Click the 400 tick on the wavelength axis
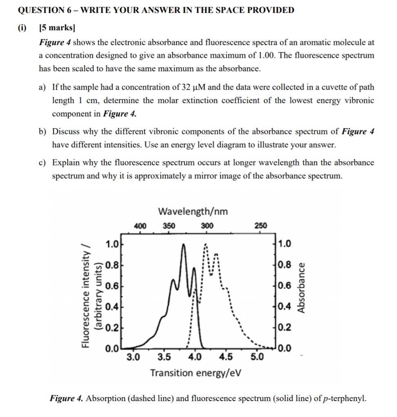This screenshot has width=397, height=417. (140, 226)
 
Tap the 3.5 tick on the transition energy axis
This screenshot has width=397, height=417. (164, 358)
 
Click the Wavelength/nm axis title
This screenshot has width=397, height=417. (193, 211)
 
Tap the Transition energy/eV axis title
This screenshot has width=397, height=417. (194, 373)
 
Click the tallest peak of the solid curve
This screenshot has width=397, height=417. (183, 245)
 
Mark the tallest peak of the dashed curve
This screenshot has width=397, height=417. (206, 245)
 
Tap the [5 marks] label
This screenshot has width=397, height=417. (57, 29)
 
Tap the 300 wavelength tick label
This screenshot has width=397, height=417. (207, 226)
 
